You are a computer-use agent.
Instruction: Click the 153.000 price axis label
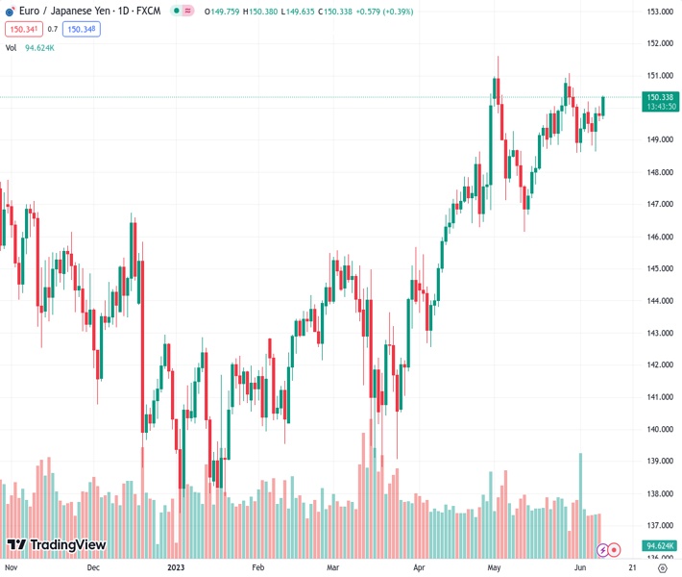(658, 12)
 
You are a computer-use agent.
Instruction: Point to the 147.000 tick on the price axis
(658, 204)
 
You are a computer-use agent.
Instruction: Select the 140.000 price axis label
(658, 429)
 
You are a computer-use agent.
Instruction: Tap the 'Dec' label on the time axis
(93, 567)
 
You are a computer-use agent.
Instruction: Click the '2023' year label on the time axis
(177, 567)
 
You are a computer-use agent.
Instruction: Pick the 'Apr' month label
(419, 567)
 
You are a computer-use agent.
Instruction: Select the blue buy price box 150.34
(82, 29)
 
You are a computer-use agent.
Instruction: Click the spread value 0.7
(53, 29)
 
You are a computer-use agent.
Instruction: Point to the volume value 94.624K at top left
(39, 47)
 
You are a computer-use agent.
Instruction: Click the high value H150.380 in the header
(260, 11)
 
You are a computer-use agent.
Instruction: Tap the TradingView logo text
(67, 546)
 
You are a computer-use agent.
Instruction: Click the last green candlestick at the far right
(603, 106)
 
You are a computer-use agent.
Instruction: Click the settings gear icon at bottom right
(662, 567)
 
